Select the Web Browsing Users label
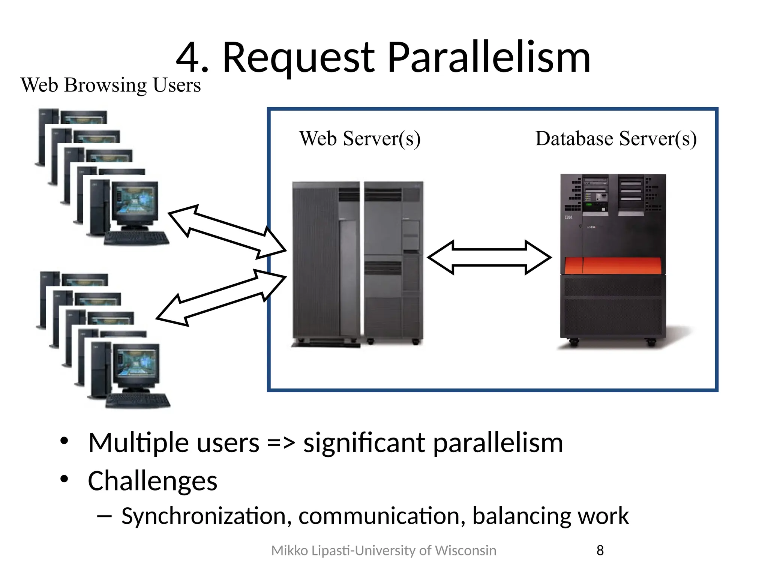(x=111, y=85)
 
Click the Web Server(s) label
(x=360, y=138)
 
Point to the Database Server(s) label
(x=616, y=138)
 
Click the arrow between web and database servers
(x=489, y=257)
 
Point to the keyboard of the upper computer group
(x=136, y=238)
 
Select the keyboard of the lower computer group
(x=138, y=400)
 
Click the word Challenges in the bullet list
(x=153, y=481)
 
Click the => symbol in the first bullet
(x=281, y=443)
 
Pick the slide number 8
(x=600, y=550)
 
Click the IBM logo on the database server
(x=568, y=217)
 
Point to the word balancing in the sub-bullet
(x=522, y=516)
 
